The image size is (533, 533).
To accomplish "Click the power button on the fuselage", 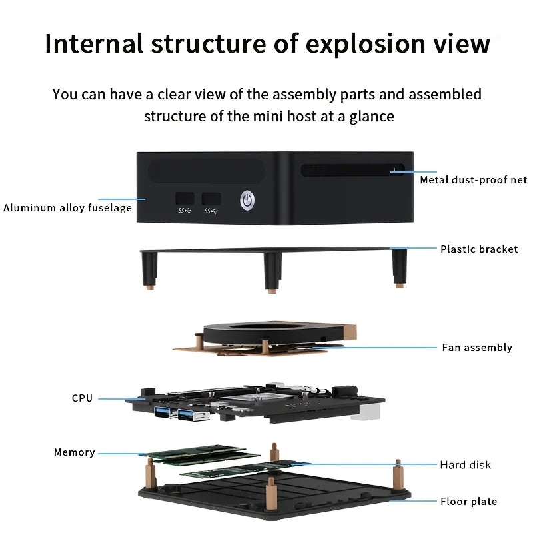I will (247, 199).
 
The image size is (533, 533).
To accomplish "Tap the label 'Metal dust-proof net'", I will (473, 180).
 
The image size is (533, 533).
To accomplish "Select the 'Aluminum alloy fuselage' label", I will (67, 208).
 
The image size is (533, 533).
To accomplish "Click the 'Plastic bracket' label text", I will (478, 249).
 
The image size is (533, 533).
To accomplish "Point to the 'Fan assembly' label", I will (477, 348).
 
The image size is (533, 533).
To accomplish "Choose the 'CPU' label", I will (82, 398).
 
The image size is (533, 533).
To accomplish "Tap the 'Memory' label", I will (74, 453).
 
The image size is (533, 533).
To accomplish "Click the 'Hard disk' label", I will (465, 465).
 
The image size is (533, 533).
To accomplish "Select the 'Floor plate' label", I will (468, 502).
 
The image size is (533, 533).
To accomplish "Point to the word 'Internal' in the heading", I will (93, 44).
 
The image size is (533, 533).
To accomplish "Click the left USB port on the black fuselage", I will (185, 199).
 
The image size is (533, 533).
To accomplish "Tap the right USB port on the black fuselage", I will (211, 199).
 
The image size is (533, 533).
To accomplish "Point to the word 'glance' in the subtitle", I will (371, 117).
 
